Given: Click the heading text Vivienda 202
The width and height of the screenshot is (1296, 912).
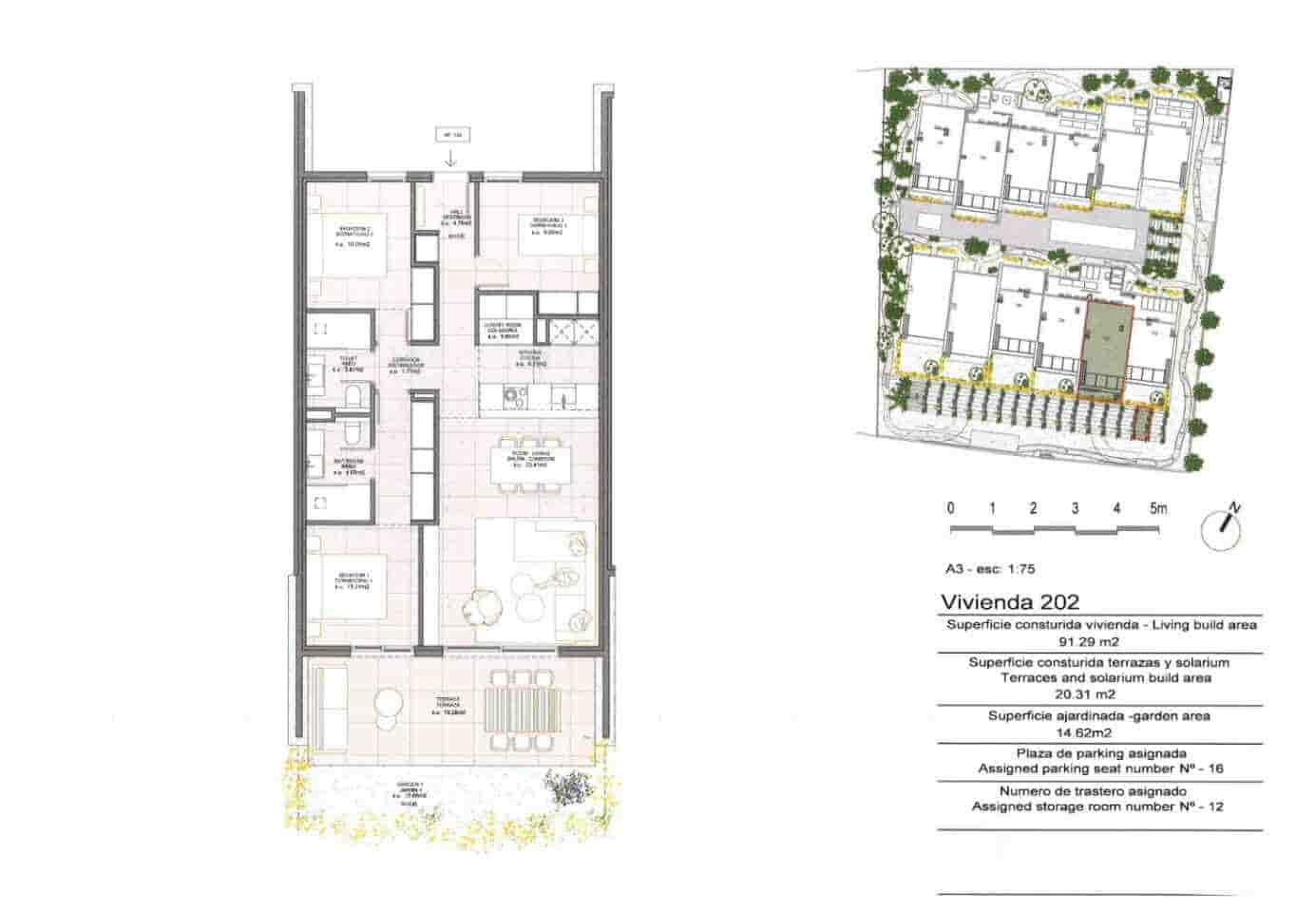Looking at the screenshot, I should coord(1009,602).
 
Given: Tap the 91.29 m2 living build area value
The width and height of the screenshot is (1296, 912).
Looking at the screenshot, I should coord(1101,641).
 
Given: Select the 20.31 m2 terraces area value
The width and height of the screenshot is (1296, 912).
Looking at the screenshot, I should coord(1100,693).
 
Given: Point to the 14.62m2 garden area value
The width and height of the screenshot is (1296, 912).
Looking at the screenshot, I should coord(1100,732).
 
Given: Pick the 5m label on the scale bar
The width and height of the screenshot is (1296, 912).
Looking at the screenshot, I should coord(1158,508).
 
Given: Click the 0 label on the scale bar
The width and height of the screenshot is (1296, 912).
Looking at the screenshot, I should coord(950,508).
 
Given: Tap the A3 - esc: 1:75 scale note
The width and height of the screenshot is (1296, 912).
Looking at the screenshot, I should coord(989,570).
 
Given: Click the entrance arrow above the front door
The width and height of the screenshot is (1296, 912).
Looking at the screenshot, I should coord(450,159).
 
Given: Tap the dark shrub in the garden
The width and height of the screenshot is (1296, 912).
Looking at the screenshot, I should coord(569,788).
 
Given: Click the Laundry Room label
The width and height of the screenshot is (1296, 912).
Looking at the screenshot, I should coord(504,329).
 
